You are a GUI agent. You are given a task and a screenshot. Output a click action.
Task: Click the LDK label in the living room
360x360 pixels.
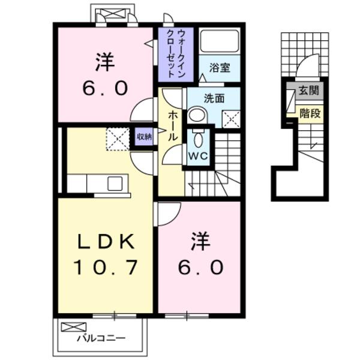[107, 241]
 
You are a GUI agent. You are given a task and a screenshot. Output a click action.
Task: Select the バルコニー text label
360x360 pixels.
[101, 338]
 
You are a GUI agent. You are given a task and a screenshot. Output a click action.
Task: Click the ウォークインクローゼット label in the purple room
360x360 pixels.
[176, 54]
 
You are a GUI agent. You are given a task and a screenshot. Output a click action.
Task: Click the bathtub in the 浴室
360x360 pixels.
[219, 42]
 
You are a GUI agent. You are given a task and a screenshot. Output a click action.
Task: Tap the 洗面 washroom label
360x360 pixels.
[214, 98]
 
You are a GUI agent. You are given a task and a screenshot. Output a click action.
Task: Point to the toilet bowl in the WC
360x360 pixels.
[198, 139]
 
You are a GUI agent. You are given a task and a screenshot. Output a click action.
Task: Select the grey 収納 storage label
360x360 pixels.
[144, 137]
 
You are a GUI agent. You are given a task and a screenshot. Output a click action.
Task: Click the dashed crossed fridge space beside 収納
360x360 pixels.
[118, 139]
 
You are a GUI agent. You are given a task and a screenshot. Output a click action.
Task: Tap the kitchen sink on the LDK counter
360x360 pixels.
[115, 182]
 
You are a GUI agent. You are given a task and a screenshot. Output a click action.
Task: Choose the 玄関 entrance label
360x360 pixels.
[309, 92]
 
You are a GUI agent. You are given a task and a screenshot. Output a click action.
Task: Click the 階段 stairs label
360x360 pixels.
[310, 113]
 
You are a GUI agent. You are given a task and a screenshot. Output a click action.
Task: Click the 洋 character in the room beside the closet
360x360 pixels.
[106, 62]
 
